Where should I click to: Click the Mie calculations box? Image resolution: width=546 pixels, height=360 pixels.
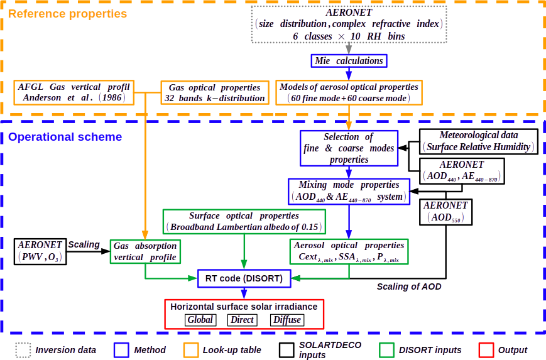tap(349, 61)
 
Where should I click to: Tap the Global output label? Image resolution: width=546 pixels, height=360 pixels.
tap(200, 320)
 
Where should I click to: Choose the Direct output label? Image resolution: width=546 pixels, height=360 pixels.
tap(242, 320)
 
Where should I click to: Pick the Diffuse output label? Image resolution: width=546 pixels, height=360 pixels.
tap(287, 320)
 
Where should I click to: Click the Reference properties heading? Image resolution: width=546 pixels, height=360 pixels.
tap(67, 13)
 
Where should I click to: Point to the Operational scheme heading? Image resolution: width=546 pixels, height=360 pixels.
tap(65, 136)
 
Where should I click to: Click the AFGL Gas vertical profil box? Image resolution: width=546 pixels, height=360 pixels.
tap(75, 92)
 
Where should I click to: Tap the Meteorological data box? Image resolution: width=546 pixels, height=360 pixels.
tap(479, 141)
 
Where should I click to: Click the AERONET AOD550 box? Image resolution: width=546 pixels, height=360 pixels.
tap(445, 211)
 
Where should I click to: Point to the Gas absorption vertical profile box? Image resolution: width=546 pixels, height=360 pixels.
tap(145, 251)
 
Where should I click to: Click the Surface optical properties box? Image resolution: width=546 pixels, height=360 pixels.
tap(244, 221)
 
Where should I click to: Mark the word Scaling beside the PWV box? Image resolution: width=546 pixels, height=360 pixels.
tap(84, 244)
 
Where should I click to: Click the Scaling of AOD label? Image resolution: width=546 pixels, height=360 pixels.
tap(409, 287)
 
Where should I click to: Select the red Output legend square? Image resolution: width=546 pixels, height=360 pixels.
tap(485, 349)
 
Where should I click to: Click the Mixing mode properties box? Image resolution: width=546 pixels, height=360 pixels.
tap(349, 190)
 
